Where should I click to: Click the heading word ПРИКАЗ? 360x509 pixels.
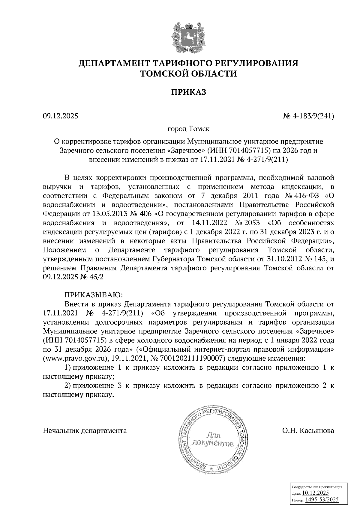188,92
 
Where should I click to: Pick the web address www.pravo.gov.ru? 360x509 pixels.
76,359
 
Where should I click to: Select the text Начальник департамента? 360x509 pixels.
85,431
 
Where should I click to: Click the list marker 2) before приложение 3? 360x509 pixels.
68,385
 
